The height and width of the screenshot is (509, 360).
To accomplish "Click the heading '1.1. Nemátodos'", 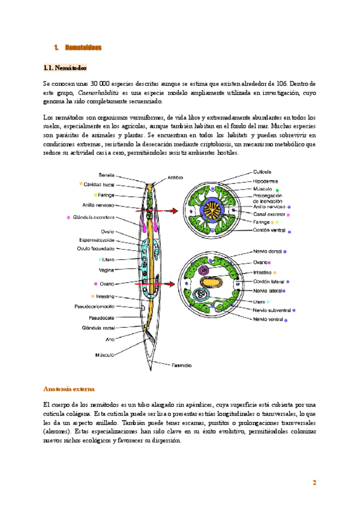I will [x=65, y=68].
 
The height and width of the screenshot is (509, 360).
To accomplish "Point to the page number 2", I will [x=314, y=483].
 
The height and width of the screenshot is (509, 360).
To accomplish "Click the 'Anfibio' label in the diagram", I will [x=175, y=177].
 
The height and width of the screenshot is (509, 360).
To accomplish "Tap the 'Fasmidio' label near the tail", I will [x=181, y=364].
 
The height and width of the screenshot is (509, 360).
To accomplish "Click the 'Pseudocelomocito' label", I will [x=94, y=307].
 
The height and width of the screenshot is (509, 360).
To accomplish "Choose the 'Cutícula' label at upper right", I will [x=263, y=172].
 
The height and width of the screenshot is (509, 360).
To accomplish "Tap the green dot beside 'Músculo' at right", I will [x=277, y=190].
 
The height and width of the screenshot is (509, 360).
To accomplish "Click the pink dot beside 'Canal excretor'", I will [x=289, y=213].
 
